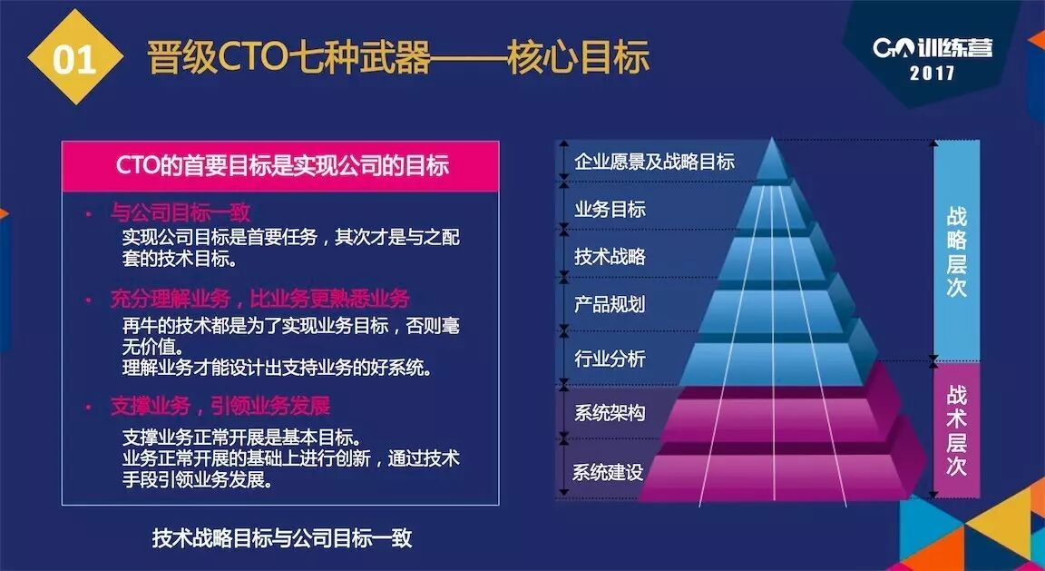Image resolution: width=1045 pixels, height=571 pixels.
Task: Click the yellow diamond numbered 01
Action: (x=74, y=58)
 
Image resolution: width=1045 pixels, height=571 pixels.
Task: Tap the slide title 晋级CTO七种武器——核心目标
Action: (x=398, y=56)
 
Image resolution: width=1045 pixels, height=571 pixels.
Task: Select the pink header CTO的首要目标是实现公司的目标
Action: (x=281, y=166)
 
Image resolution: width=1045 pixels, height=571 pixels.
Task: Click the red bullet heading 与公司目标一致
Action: (x=181, y=212)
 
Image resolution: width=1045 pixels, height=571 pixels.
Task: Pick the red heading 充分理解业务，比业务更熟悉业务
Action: (x=259, y=299)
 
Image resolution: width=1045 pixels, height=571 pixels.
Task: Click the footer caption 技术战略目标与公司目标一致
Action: (x=282, y=537)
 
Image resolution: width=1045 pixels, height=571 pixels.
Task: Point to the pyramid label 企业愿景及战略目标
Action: (x=654, y=162)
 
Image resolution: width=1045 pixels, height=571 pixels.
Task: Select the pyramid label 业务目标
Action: (x=610, y=209)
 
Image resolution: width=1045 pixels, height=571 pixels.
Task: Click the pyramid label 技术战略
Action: (x=610, y=256)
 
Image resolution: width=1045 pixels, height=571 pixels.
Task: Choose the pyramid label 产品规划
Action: (x=610, y=304)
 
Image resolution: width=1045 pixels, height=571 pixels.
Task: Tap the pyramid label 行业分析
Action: (x=610, y=359)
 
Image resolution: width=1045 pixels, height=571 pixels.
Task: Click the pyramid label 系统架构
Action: (x=610, y=413)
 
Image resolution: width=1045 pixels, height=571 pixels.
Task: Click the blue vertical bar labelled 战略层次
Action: (x=956, y=250)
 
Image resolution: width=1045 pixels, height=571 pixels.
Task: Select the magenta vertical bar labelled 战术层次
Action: (x=956, y=429)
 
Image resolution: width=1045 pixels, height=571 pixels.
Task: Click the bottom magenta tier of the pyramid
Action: (x=771, y=474)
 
